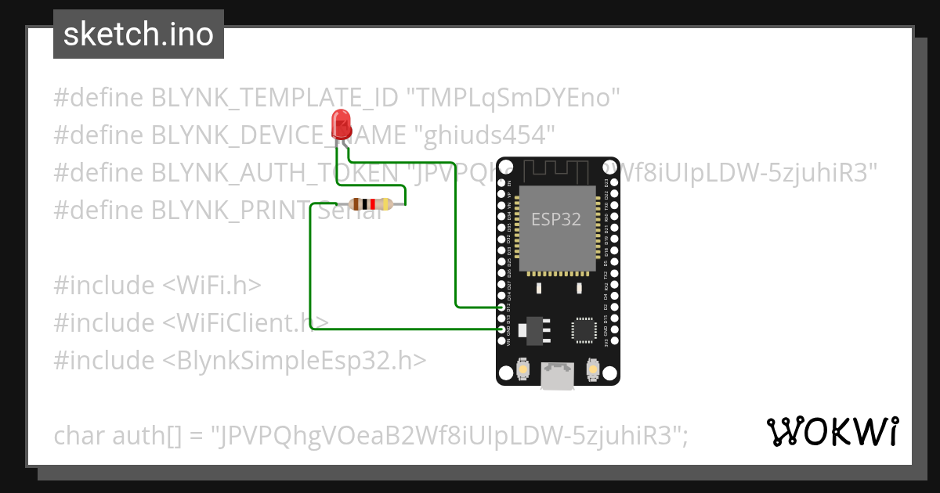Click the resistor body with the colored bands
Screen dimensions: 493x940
pos(371,204)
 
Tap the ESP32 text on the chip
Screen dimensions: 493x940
pos(556,220)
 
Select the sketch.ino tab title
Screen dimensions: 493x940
pos(139,34)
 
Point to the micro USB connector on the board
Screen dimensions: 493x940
pos(557,376)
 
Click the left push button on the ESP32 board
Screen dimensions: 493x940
pos(522,368)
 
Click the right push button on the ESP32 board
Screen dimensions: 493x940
pos(592,368)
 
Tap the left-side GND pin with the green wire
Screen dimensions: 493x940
pos(502,330)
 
